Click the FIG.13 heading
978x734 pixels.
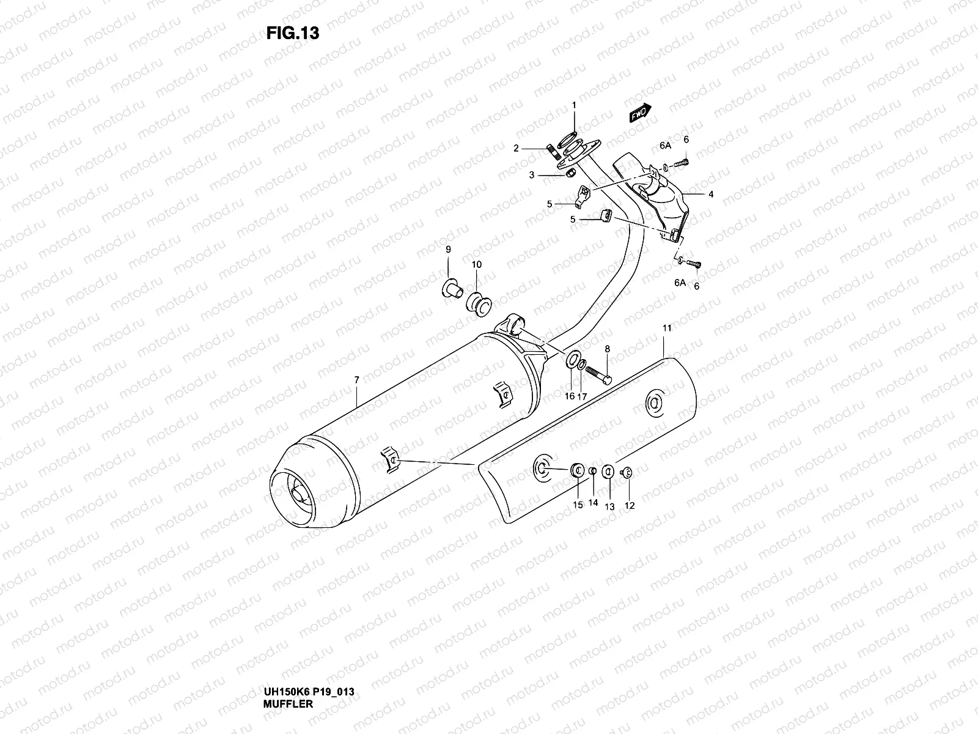pos(293,33)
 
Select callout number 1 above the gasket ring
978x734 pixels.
pos(574,106)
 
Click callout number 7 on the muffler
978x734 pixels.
pos(356,380)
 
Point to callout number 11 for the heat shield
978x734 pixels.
pos(667,328)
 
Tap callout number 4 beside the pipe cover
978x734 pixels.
pos(711,195)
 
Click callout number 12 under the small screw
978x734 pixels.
pos(630,505)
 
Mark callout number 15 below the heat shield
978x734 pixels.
pos(578,505)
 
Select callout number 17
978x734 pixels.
pos(582,396)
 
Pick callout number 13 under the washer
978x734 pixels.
pos(609,507)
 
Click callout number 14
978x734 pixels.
pos(593,503)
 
